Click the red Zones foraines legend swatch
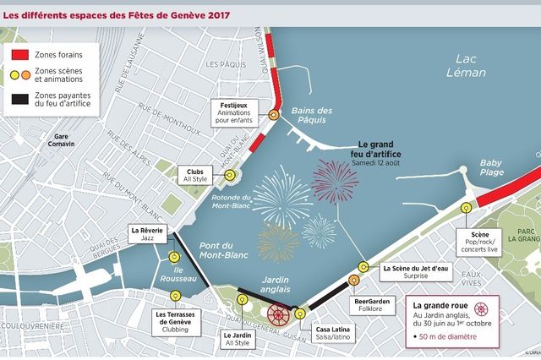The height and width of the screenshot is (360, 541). (x=20, y=54)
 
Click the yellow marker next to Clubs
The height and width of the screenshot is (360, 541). (x=229, y=175)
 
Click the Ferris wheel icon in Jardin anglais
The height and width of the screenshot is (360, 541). (x=278, y=315)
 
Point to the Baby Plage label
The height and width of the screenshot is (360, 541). (x=490, y=168)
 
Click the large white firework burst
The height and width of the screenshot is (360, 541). (x=281, y=194)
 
